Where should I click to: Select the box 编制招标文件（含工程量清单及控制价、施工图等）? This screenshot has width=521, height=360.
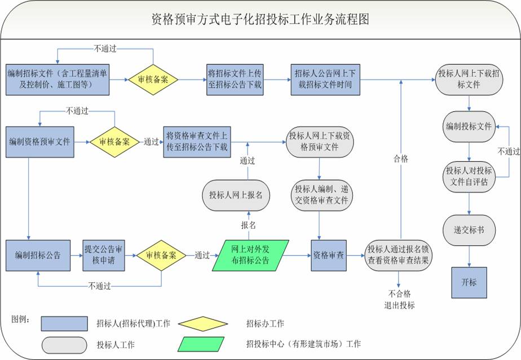pyautogui.click(x=56, y=80)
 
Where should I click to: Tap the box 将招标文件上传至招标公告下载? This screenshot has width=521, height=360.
pyautogui.click(x=234, y=80)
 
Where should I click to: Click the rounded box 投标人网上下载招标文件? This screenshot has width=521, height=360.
pyautogui.click(x=466, y=80)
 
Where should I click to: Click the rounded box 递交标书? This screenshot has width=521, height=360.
pyautogui.click(x=469, y=230)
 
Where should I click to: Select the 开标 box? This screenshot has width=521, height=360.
pyautogui.click(x=469, y=282)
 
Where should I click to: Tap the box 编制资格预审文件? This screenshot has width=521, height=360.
pyautogui.click(x=39, y=142)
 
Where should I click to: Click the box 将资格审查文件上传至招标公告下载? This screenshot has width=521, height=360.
pyautogui.click(x=197, y=142)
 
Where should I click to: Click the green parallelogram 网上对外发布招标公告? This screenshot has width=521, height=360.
pyautogui.click(x=250, y=256)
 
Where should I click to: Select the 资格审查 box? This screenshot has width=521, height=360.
pyautogui.click(x=328, y=255)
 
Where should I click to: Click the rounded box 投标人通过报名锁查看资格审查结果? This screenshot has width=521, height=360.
pyautogui.click(x=398, y=255)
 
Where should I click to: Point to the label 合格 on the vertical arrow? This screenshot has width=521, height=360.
pyautogui.click(x=400, y=159)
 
